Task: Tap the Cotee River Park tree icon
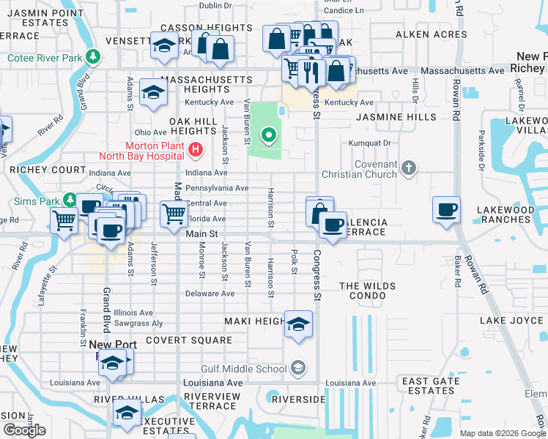pyautogui.click(x=93, y=56)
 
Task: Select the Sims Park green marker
pyautogui.click(x=70, y=199)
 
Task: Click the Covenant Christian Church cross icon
pyautogui.click(x=409, y=170)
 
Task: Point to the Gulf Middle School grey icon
pyautogui.click(x=297, y=367)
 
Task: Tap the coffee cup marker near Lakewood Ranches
pyautogui.click(x=447, y=210)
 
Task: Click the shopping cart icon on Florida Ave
pyautogui.click(x=174, y=214)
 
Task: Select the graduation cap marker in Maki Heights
pyautogui.click(x=298, y=324)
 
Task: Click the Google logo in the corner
pyautogui.click(x=24, y=430)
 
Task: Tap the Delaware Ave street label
pyautogui.click(x=210, y=293)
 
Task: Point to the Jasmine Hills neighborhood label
pyautogui.click(x=396, y=117)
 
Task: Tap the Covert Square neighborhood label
pyautogui.click(x=188, y=340)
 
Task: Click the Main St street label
pyautogui.click(x=202, y=233)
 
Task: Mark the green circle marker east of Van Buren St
pyautogui.click(x=269, y=135)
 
